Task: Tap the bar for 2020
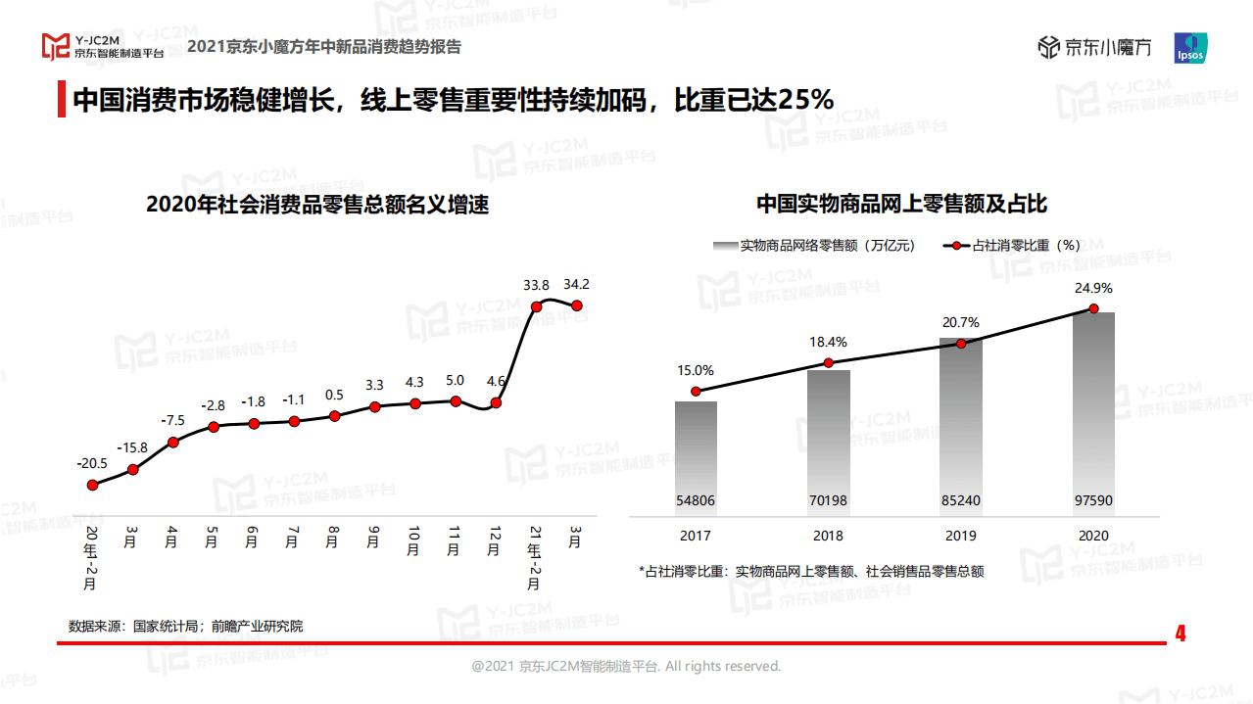point(1093,412)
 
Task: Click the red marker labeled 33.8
point(536,306)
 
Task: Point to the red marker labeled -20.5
point(93,485)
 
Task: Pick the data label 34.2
point(577,285)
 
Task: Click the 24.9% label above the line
point(1093,289)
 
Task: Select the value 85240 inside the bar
point(961,500)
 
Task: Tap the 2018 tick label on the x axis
point(828,537)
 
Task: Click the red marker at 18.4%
point(828,363)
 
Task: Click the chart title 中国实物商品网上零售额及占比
point(901,204)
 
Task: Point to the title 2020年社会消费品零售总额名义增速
point(316,205)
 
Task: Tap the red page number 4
point(1181,634)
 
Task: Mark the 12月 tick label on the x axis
point(495,540)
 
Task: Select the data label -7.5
point(173,420)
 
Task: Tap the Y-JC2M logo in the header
point(102,46)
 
